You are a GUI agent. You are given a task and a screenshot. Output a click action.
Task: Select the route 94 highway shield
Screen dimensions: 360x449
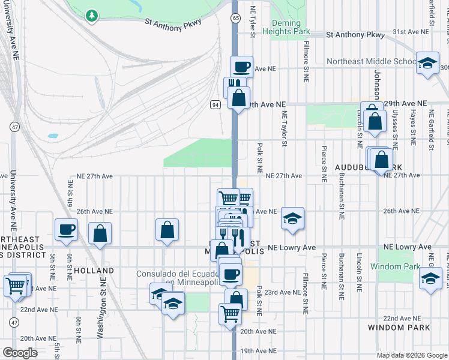point(214,105)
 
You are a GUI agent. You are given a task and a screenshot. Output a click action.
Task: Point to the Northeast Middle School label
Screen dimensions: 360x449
point(370,61)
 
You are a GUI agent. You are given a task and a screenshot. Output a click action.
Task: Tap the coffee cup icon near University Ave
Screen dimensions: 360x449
point(66,229)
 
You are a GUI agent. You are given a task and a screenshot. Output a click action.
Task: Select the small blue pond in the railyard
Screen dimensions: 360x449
point(52,136)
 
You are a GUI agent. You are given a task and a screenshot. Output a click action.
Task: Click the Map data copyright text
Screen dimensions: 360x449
point(411,355)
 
